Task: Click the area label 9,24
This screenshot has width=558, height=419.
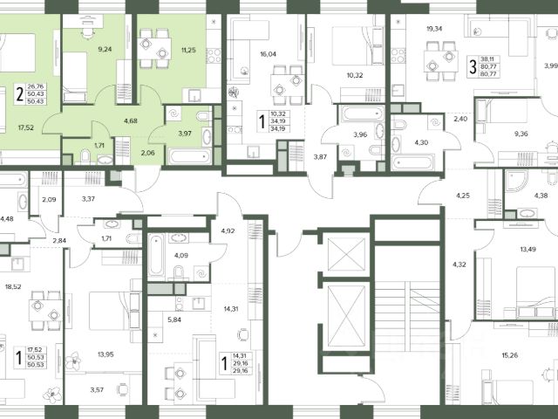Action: click(105, 49)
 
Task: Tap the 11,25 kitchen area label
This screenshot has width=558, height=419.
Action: click(188, 51)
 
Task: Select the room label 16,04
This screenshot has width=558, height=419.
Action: click(268, 54)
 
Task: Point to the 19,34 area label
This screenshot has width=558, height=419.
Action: click(434, 29)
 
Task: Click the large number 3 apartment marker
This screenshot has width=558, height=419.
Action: click(473, 66)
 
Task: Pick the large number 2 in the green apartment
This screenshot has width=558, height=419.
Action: click(20, 94)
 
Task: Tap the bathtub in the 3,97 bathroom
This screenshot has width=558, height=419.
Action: click(189, 156)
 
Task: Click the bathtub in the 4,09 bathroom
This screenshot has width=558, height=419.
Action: click(156, 254)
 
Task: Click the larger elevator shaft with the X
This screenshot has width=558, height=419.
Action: click(346, 316)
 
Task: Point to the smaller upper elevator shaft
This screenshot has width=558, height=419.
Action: click(346, 254)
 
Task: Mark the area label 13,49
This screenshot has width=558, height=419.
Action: click(527, 250)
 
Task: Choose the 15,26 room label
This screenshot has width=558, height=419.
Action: click(509, 355)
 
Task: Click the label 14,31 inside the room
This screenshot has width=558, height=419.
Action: click(230, 309)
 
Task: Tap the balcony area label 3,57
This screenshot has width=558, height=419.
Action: click(97, 390)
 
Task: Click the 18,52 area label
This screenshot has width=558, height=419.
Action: click(13, 287)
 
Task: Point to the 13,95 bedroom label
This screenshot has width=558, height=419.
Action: click(105, 354)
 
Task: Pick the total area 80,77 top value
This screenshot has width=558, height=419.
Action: click(490, 66)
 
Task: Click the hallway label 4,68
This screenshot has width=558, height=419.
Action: click(131, 121)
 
